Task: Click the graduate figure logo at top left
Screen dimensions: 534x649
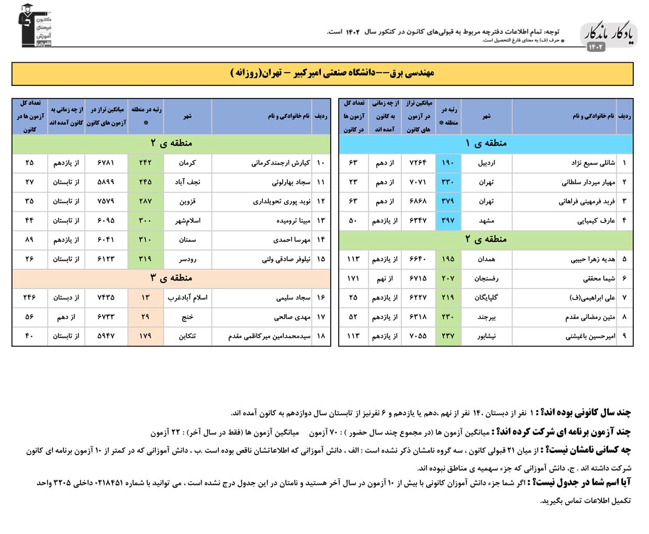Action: pos(35,26)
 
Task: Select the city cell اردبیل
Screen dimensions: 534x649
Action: pos(486,163)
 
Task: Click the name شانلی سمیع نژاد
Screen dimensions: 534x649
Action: pos(593,163)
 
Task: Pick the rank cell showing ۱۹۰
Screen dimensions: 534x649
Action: pos(448,163)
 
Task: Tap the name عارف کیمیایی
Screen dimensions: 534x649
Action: pos(596,220)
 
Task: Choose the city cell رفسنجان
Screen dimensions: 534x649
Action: pos(486,279)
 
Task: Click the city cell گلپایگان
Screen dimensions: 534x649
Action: pos(486,297)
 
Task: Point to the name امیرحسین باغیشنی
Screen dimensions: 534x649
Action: pos(590,336)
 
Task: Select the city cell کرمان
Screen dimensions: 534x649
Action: pos(187,163)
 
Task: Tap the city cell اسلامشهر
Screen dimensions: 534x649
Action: pos(187,220)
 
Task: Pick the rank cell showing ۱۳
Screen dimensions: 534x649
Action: pos(146,297)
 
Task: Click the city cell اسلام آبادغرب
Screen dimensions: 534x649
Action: pos(187,297)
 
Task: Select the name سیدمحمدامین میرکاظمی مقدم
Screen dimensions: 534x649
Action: pos(269,336)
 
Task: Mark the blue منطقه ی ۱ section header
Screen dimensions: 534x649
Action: pos(486,143)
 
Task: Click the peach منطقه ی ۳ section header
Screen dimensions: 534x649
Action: pos(171,277)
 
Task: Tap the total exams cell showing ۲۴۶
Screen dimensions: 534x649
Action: pos(29,297)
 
